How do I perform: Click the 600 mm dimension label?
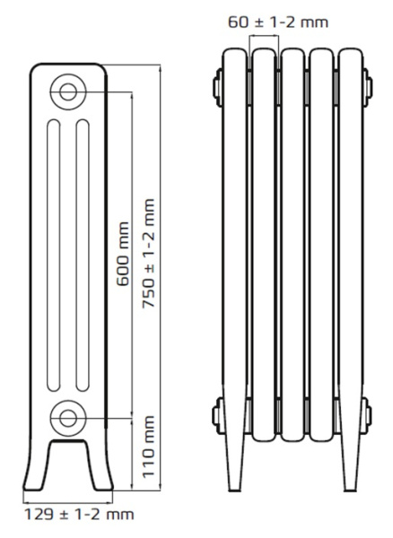click(123, 254)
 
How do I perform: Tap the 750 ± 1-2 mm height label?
click(148, 253)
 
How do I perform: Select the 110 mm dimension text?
click(148, 447)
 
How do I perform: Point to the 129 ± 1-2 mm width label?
click(79, 515)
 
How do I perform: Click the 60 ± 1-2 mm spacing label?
click(278, 22)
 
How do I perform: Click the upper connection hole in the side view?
click(68, 91)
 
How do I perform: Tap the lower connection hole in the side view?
click(68, 418)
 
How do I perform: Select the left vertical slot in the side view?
click(54, 256)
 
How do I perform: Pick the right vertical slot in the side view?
click(83, 256)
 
